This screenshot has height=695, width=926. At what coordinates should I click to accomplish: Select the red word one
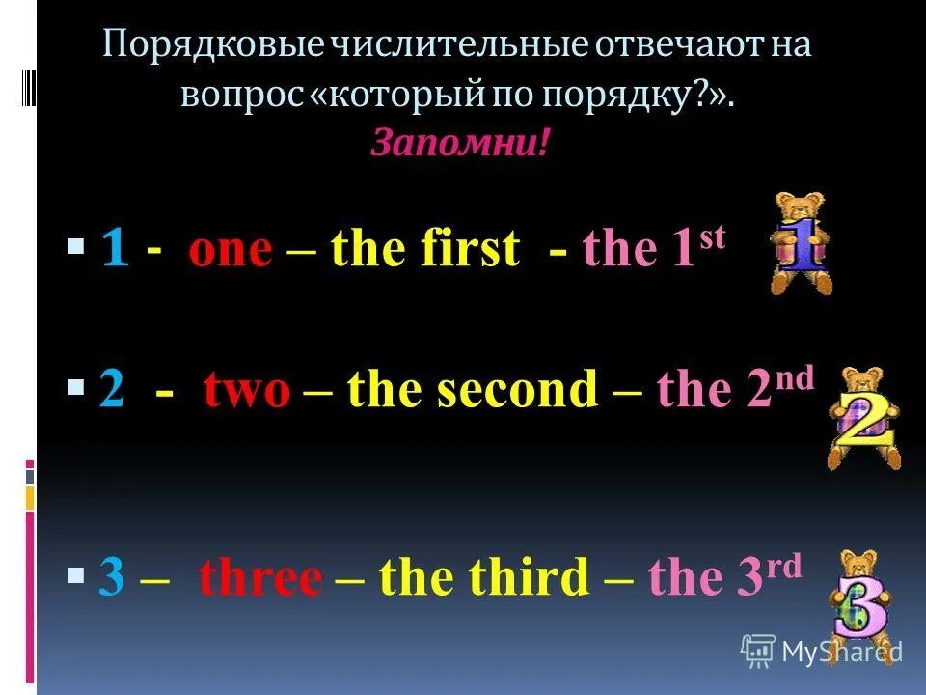pos(231,250)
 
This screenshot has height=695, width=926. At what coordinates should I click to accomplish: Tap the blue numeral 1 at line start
pos(115,250)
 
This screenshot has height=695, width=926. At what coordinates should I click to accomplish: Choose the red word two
pos(246,391)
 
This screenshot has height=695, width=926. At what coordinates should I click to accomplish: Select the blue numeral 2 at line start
pos(113,391)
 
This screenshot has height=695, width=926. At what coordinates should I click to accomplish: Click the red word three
pos(259,578)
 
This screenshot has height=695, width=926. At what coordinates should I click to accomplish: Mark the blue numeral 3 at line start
pos(113,578)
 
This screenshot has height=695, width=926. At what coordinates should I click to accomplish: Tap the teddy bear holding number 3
pos(860,597)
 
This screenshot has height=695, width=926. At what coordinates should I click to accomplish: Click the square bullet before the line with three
pos(76,577)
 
